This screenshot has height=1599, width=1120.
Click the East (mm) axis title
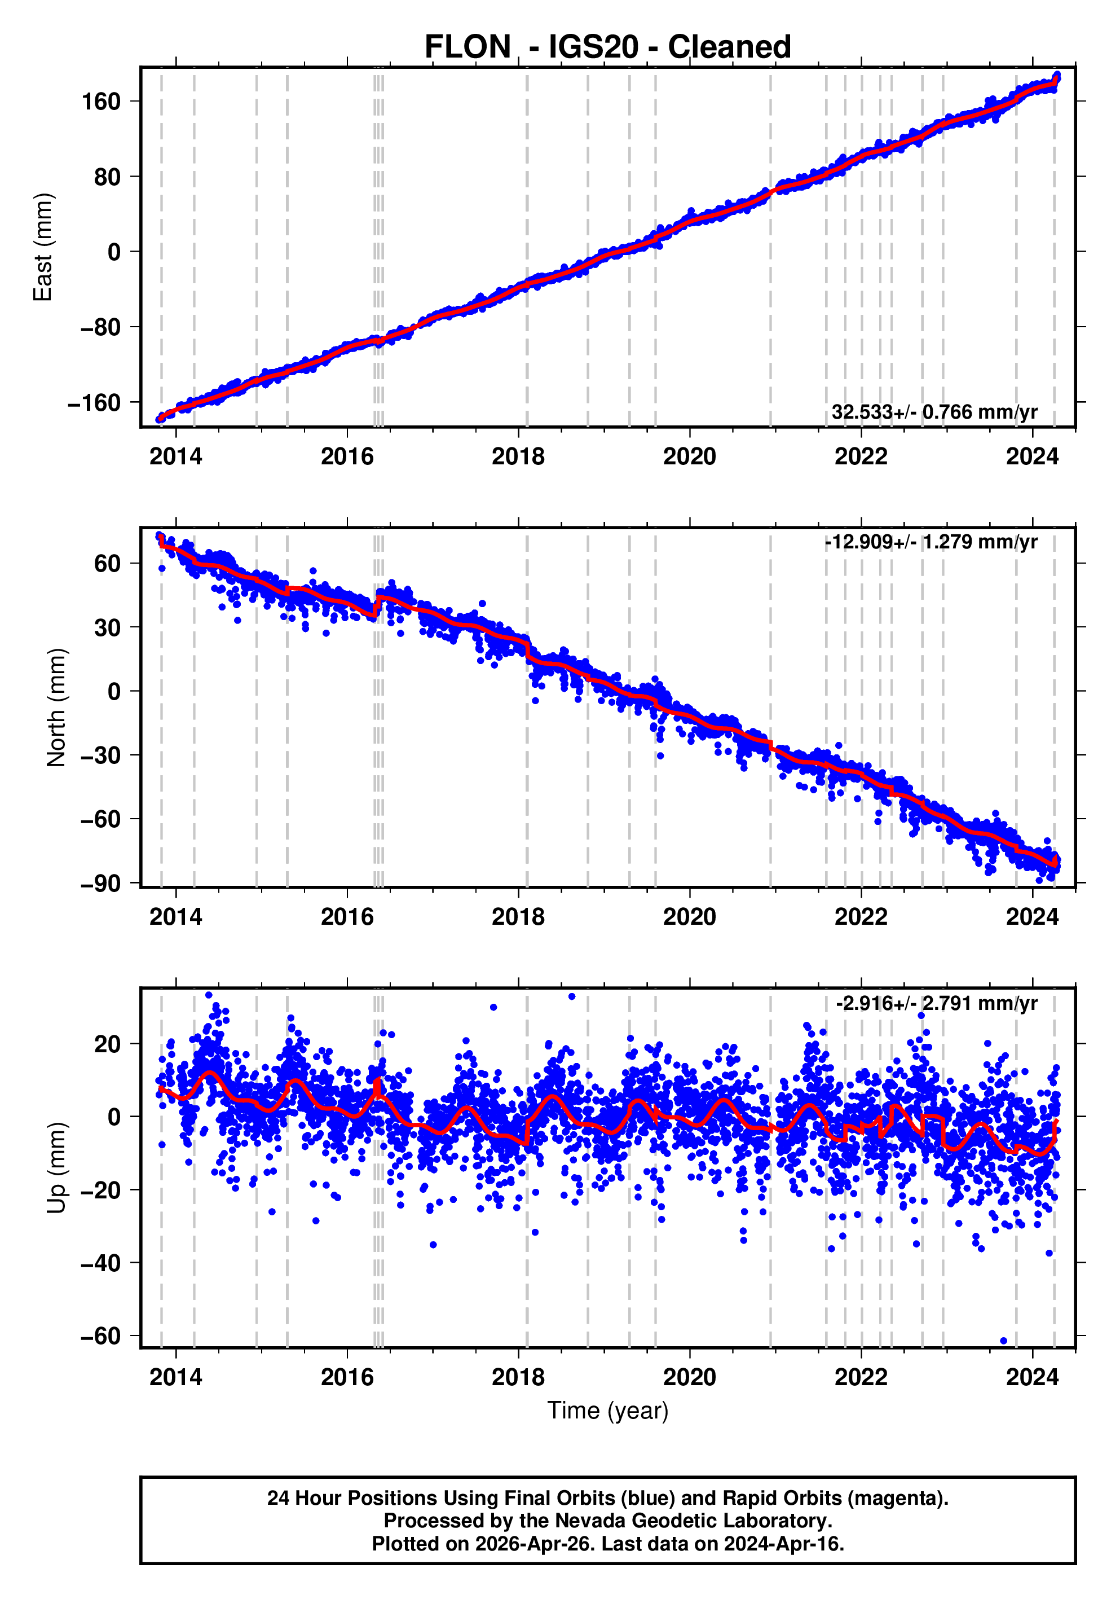(43, 247)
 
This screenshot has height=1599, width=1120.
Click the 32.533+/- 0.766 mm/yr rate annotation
(934, 412)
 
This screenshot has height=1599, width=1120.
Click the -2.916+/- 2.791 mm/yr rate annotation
(936, 1004)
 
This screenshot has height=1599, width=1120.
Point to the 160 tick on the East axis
(101, 102)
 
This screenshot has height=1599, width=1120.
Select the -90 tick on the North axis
(100, 884)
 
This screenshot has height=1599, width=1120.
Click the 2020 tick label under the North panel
(689, 917)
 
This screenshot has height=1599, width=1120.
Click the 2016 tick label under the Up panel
(347, 1377)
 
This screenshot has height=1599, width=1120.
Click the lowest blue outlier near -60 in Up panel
(1003, 1341)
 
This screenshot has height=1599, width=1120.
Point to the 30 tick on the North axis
(107, 627)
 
